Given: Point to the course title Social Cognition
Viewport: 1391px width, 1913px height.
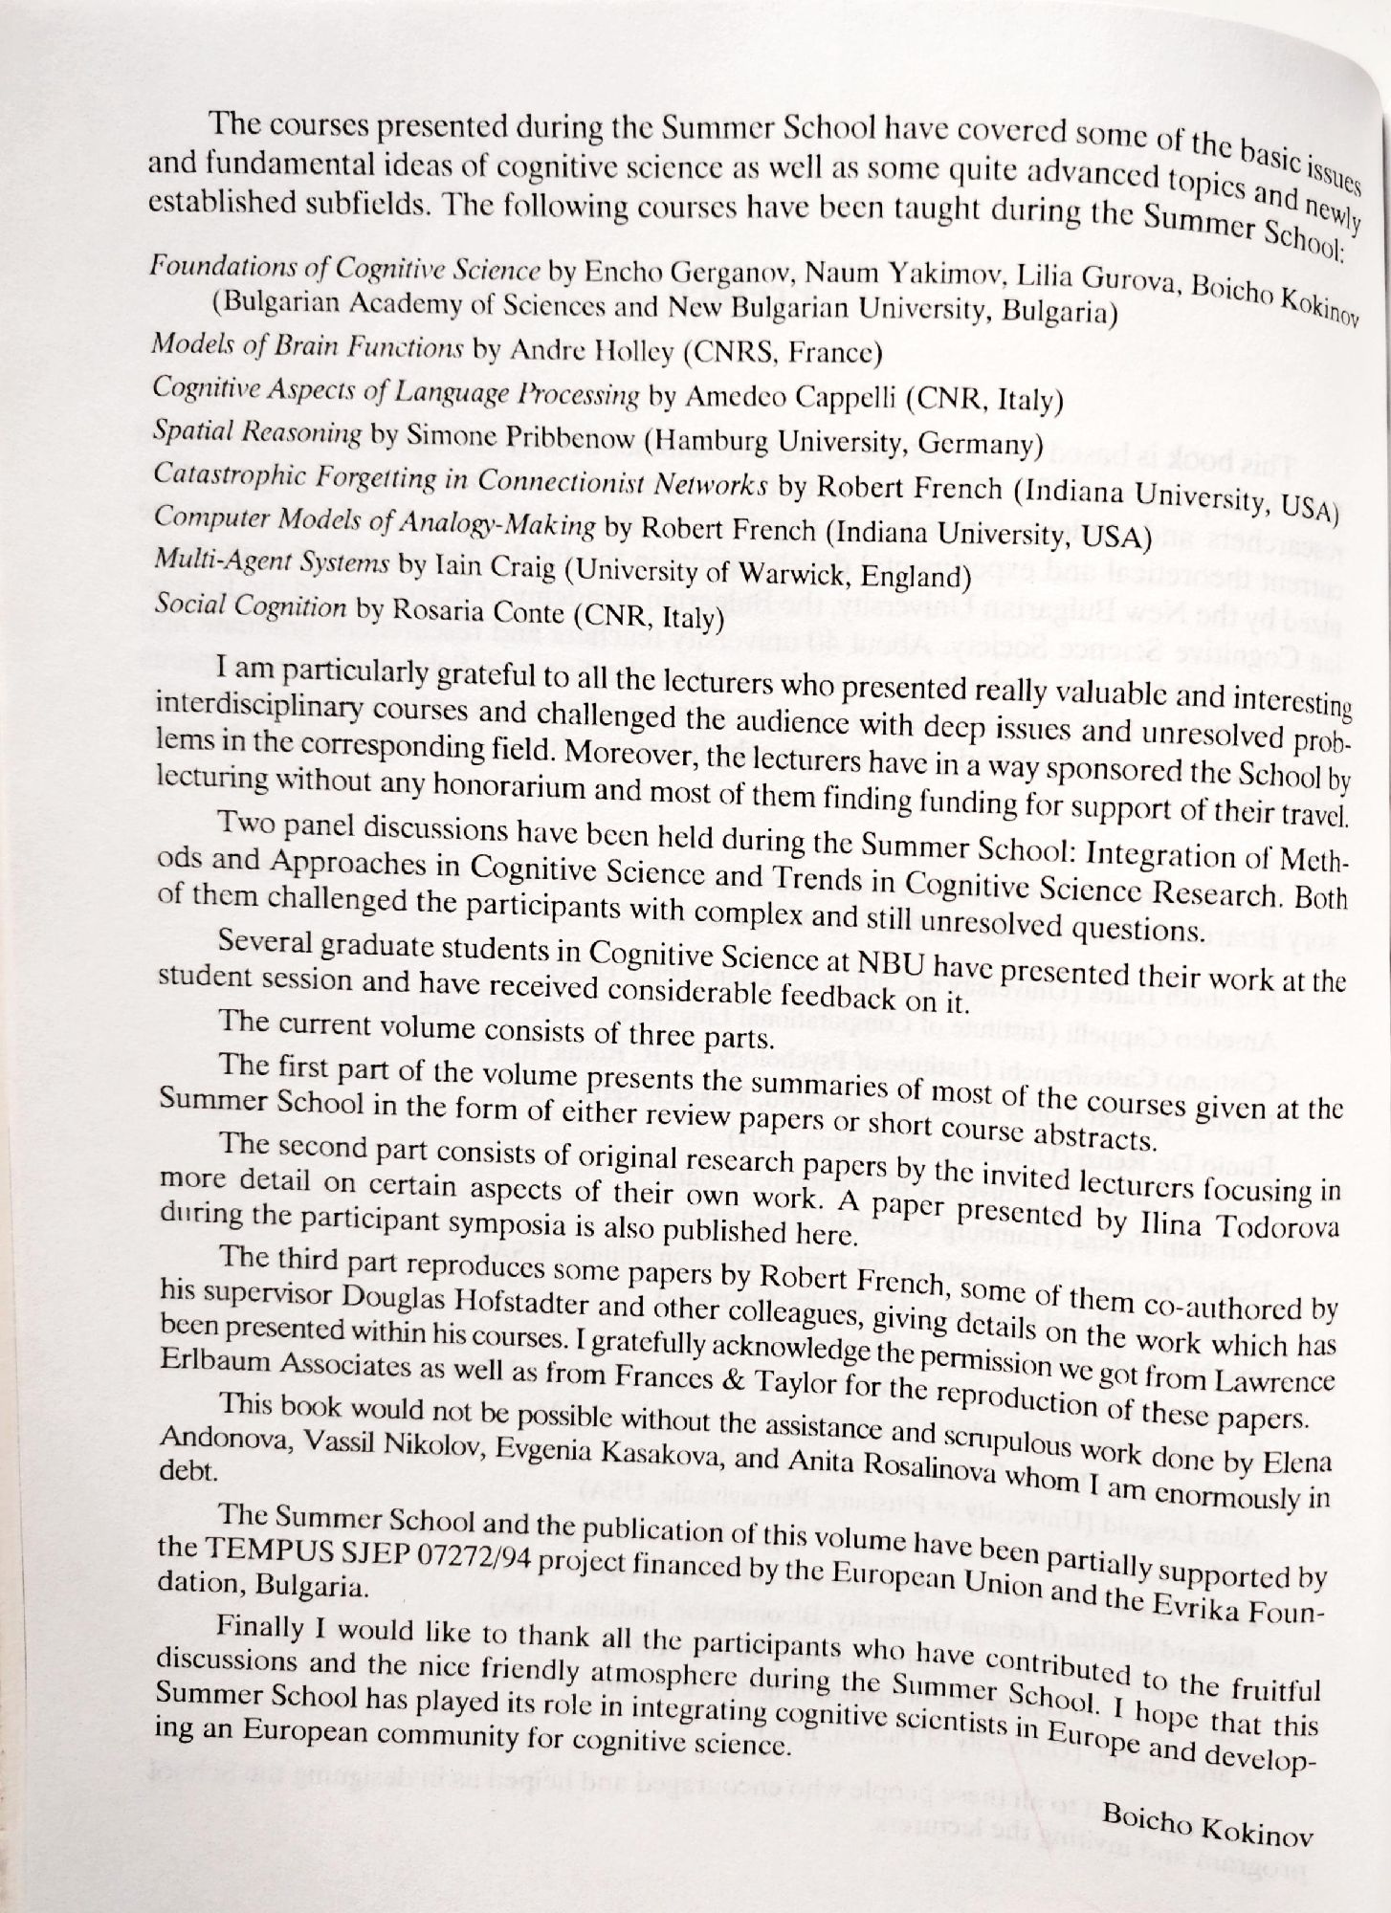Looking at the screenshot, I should pyautogui.click(x=250, y=607).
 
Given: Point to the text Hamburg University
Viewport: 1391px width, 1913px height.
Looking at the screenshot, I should pyautogui.click(x=774, y=444).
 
